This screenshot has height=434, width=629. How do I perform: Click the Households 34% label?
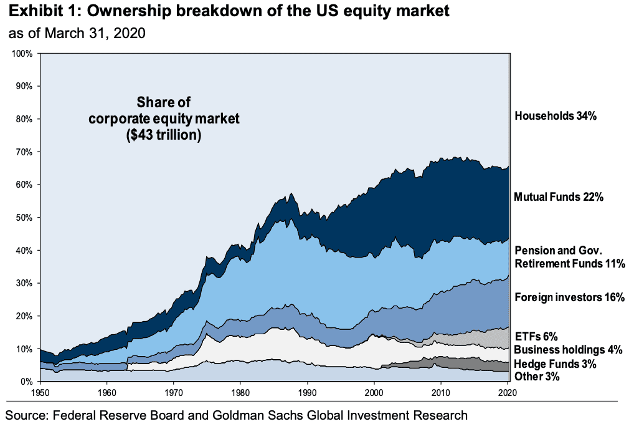(x=556, y=115)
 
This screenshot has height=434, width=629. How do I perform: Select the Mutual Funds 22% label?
(x=559, y=197)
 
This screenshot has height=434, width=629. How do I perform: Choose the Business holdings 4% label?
(x=568, y=350)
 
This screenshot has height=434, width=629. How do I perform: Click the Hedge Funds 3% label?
(x=556, y=364)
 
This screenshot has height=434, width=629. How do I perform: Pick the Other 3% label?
(x=537, y=377)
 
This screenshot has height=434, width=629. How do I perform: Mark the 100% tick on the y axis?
(x=22, y=54)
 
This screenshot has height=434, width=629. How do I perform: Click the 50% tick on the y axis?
(x=24, y=218)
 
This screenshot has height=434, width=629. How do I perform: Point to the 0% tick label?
(x=27, y=382)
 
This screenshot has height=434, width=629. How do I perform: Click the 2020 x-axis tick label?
(x=508, y=392)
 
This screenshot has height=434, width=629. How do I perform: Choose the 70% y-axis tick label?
(x=24, y=152)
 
